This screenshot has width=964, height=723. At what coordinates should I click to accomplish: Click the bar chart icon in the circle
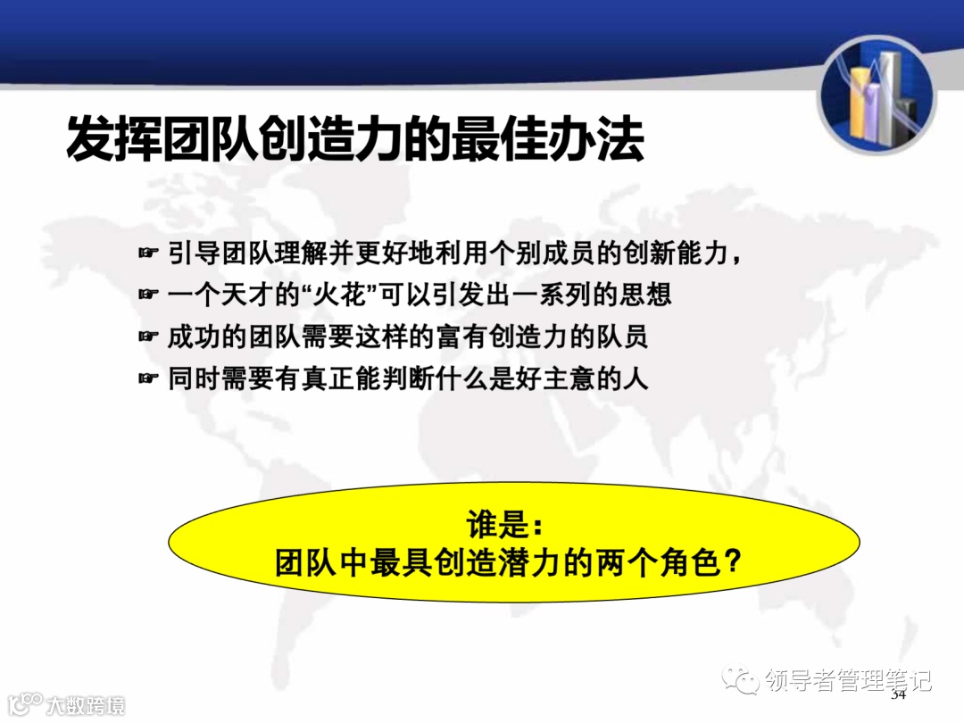(877, 95)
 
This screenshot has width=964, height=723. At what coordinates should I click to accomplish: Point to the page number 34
(898, 694)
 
